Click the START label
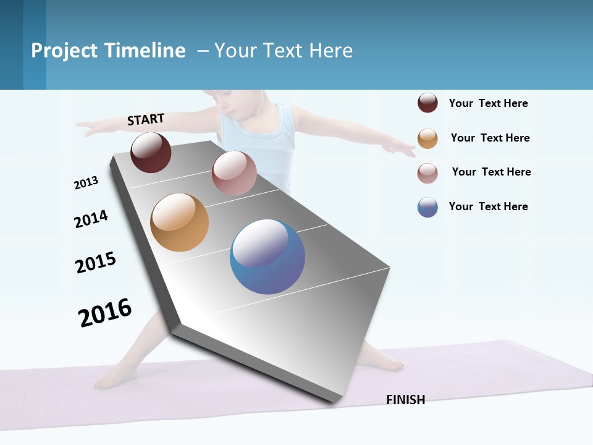pyautogui.click(x=146, y=119)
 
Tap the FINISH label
pyautogui.click(x=405, y=400)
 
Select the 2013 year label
pyautogui.click(x=86, y=183)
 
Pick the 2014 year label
pyautogui.click(x=91, y=219)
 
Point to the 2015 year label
pyautogui.click(x=96, y=263)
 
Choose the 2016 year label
pyautogui.click(x=105, y=313)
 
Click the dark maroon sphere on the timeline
pyautogui.click(x=151, y=152)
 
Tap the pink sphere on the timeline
pyautogui.click(x=234, y=173)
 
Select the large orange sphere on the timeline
pyautogui.click(x=179, y=222)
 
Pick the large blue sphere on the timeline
pyautogui.click(x=267, y=256)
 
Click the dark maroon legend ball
pyautogui.click(x=427, y=103)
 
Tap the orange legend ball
pyautogui.click(x=427, y=138)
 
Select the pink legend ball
pyautogui.click(x=427, y=173)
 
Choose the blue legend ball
pyautogui.click(x=427, y=208)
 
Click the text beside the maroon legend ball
pyautogui.click(x=488, y=103)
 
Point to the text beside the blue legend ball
pyautogui.click(x=488, y=206)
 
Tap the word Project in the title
pyautogui.click(x=64, y=51)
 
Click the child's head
pyautogui.click(x=235, y=102)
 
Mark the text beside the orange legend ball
pyautogui.click(x=490, y=138)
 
